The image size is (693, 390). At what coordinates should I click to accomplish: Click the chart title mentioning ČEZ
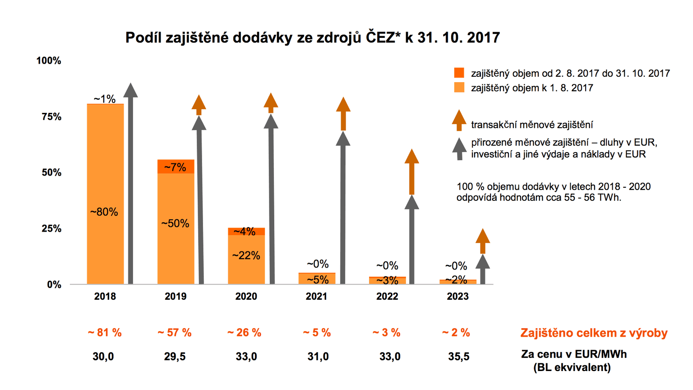312,37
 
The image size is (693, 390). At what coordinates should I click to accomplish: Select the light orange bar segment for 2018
105,244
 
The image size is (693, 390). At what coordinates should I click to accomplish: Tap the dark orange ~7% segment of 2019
176,167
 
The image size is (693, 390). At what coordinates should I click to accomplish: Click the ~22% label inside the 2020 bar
246,255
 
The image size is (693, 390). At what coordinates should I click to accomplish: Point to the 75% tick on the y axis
51,117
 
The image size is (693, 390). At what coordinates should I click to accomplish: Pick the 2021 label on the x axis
316,297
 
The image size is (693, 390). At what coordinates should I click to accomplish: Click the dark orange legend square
459,73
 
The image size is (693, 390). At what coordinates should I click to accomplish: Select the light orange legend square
459,88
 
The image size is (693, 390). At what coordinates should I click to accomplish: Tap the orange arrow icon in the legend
459,120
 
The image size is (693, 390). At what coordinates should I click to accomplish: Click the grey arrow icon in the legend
459,149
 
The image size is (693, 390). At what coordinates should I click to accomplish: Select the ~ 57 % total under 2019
175,333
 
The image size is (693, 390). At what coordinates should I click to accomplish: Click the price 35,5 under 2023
458,357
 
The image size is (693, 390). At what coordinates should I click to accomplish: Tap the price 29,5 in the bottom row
175,357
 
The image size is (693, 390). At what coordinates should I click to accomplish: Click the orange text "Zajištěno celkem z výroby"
594,333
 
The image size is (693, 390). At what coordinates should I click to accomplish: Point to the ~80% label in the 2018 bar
104,212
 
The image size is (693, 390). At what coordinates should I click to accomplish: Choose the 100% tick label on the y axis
49,60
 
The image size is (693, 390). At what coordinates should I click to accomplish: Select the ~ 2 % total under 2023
456,333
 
